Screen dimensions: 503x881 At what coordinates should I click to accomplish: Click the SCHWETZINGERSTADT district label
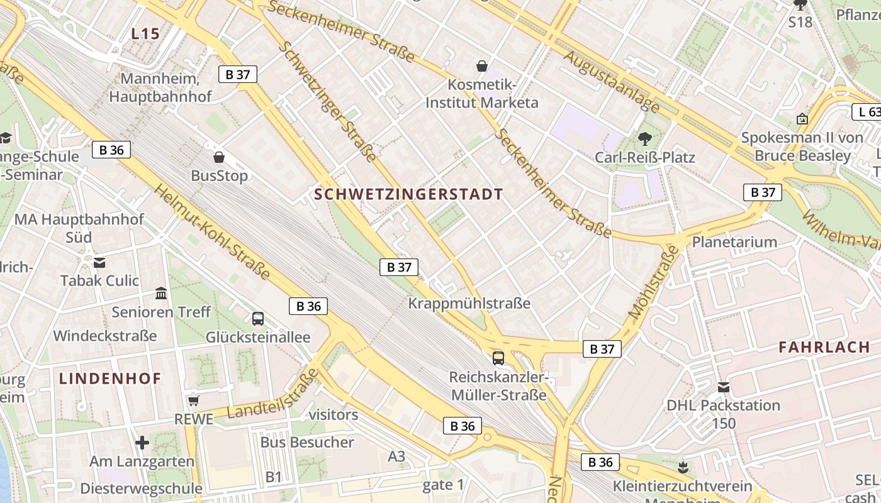pyautogui.click(x=409, y=194)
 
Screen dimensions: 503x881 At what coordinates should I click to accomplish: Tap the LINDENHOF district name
pyautogui.click(x=110, y=379)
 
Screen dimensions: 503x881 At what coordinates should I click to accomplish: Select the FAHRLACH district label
pyautogui.click(x=824, y=347)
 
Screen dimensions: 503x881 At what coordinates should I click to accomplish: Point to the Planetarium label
pyautogui.click(x=734, y=242)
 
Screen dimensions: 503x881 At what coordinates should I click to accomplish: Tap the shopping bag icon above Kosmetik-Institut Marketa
pyautogui.click(x=482, y=66)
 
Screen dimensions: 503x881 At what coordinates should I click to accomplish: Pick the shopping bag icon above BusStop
pyautogui.click(x=219, y=157)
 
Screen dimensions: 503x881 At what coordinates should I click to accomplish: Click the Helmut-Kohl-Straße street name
pyautogui.click(x=212, y=232)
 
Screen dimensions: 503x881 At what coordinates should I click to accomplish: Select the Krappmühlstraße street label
pyautogui.click(x=469, y=304)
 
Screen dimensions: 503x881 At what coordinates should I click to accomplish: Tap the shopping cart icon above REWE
pyautogui.click(x=194, y=401)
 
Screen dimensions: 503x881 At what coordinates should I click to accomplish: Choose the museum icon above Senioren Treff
pyautogui.click(x=161, y=294)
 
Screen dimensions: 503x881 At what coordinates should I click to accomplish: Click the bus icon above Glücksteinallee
pyautogui.click(x=258, y=319)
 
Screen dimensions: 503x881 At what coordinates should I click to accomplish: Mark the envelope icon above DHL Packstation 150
pyautogui.click(x=724, y=387)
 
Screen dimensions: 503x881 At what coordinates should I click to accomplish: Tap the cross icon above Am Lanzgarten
pyautogui.click(x=142, y=443)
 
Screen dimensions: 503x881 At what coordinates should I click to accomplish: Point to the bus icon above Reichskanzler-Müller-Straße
pyautogui.click(x=498, y=358)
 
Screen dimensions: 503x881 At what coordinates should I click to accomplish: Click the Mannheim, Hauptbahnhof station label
pyautogui.click(x=160, y=87)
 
